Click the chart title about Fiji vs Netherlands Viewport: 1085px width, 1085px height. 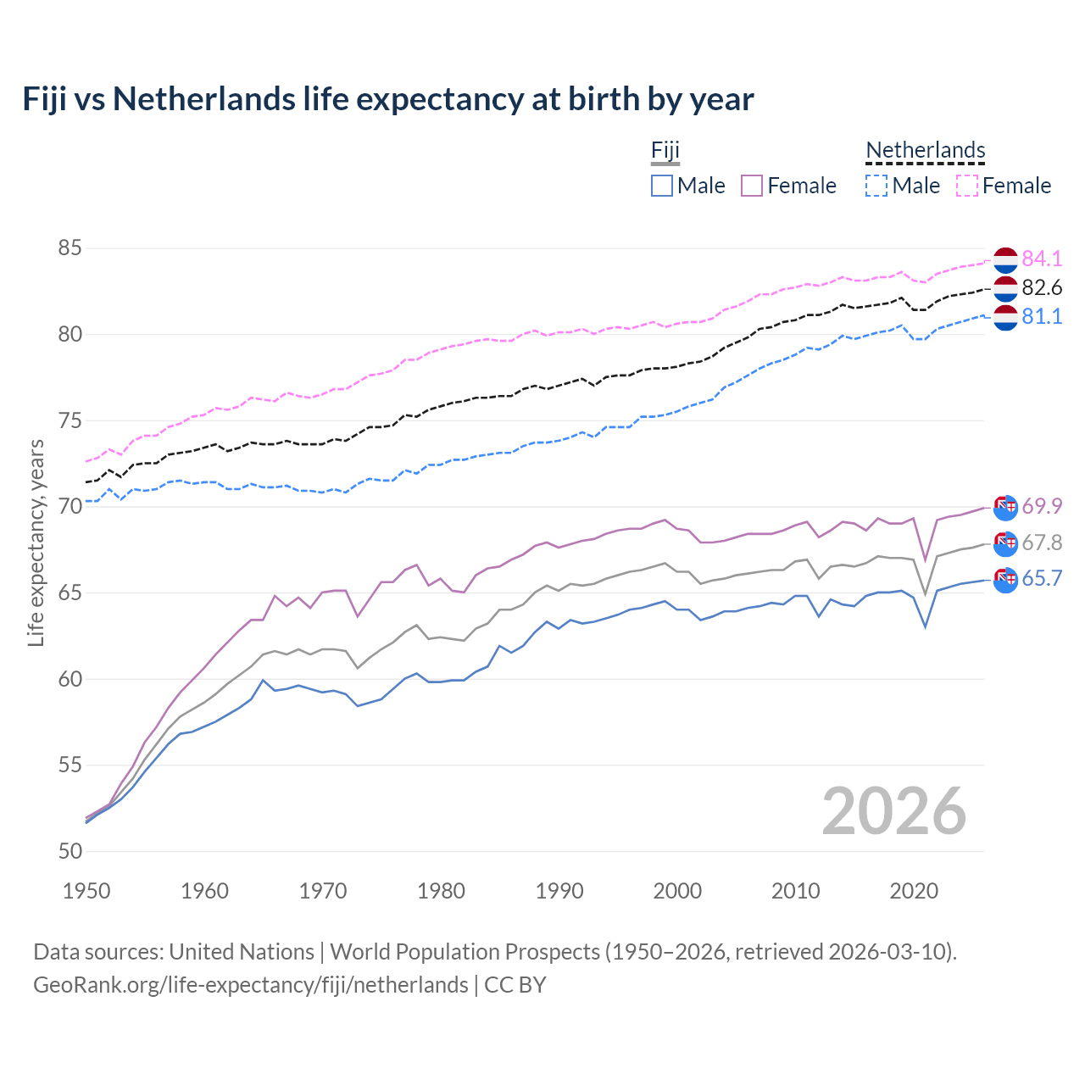tap(387, 99)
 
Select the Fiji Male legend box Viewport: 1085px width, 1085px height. tap(662, 186)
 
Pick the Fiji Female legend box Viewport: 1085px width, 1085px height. tap(752, 186)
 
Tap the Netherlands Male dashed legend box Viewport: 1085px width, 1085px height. tap(876, 186)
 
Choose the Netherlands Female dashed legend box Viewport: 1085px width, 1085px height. tap(967, 186)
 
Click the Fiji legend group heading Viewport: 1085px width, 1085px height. tap(665, 151)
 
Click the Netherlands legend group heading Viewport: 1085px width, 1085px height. tap(925, 151)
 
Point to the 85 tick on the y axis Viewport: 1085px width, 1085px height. tap(70, 248)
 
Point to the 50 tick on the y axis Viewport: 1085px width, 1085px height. tap(70, 851)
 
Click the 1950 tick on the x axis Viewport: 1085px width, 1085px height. tap(86, 891)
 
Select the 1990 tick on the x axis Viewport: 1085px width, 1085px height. tap(559, 891)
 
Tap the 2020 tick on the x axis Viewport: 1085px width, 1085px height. tap(914, 891)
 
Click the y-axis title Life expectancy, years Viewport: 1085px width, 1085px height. tap(36, 542)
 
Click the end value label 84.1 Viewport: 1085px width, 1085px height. tap(1042, 259)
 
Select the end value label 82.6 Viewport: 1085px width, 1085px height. tap(1042, 287)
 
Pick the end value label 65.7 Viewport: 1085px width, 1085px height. tap(1042, 578)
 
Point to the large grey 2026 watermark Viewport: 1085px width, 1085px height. tap(893, 811)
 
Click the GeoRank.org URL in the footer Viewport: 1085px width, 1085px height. tap(250, 985)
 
